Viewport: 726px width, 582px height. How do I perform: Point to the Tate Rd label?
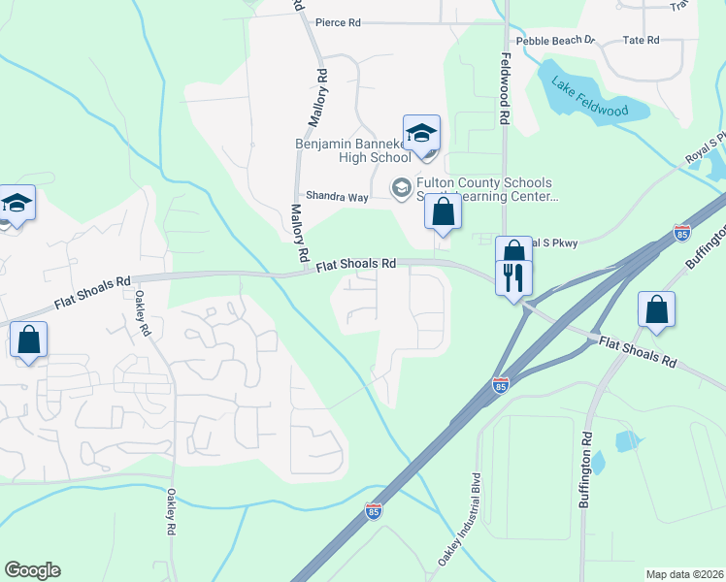(641, 40)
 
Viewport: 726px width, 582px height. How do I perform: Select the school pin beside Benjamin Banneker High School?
(421, 134)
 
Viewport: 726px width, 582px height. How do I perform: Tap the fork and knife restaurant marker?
(512, 278)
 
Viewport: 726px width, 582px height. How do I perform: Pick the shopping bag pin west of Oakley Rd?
(28, 341)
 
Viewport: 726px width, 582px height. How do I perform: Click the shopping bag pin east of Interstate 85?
(656, 310)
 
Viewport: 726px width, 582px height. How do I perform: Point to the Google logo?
(32, 570)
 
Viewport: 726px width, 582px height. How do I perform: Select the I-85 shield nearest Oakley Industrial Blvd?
(374, 510)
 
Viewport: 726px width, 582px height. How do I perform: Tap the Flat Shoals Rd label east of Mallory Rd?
(357, 263)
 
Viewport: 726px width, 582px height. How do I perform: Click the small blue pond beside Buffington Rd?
(627, 441)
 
